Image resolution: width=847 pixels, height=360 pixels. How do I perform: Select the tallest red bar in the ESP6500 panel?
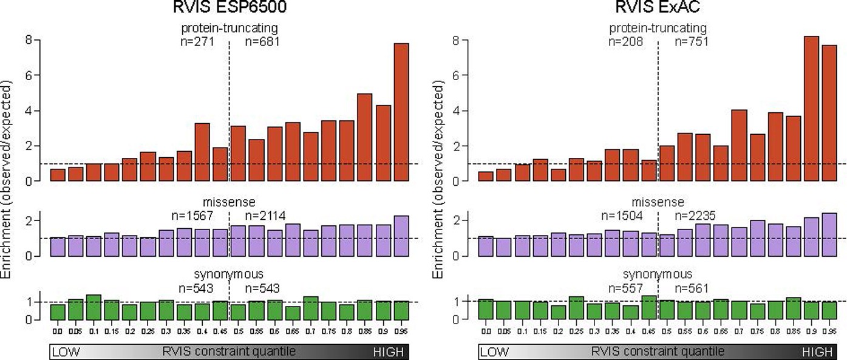tap(401, 112)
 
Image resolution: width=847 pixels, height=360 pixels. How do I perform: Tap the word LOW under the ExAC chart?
tap(492, 352)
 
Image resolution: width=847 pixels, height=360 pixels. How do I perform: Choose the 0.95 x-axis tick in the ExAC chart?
tap(829, 331)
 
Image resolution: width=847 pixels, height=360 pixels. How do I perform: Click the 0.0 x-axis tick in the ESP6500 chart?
tap(58, 331)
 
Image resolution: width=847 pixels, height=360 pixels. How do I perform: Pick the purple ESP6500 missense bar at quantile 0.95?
tap(401, 236)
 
